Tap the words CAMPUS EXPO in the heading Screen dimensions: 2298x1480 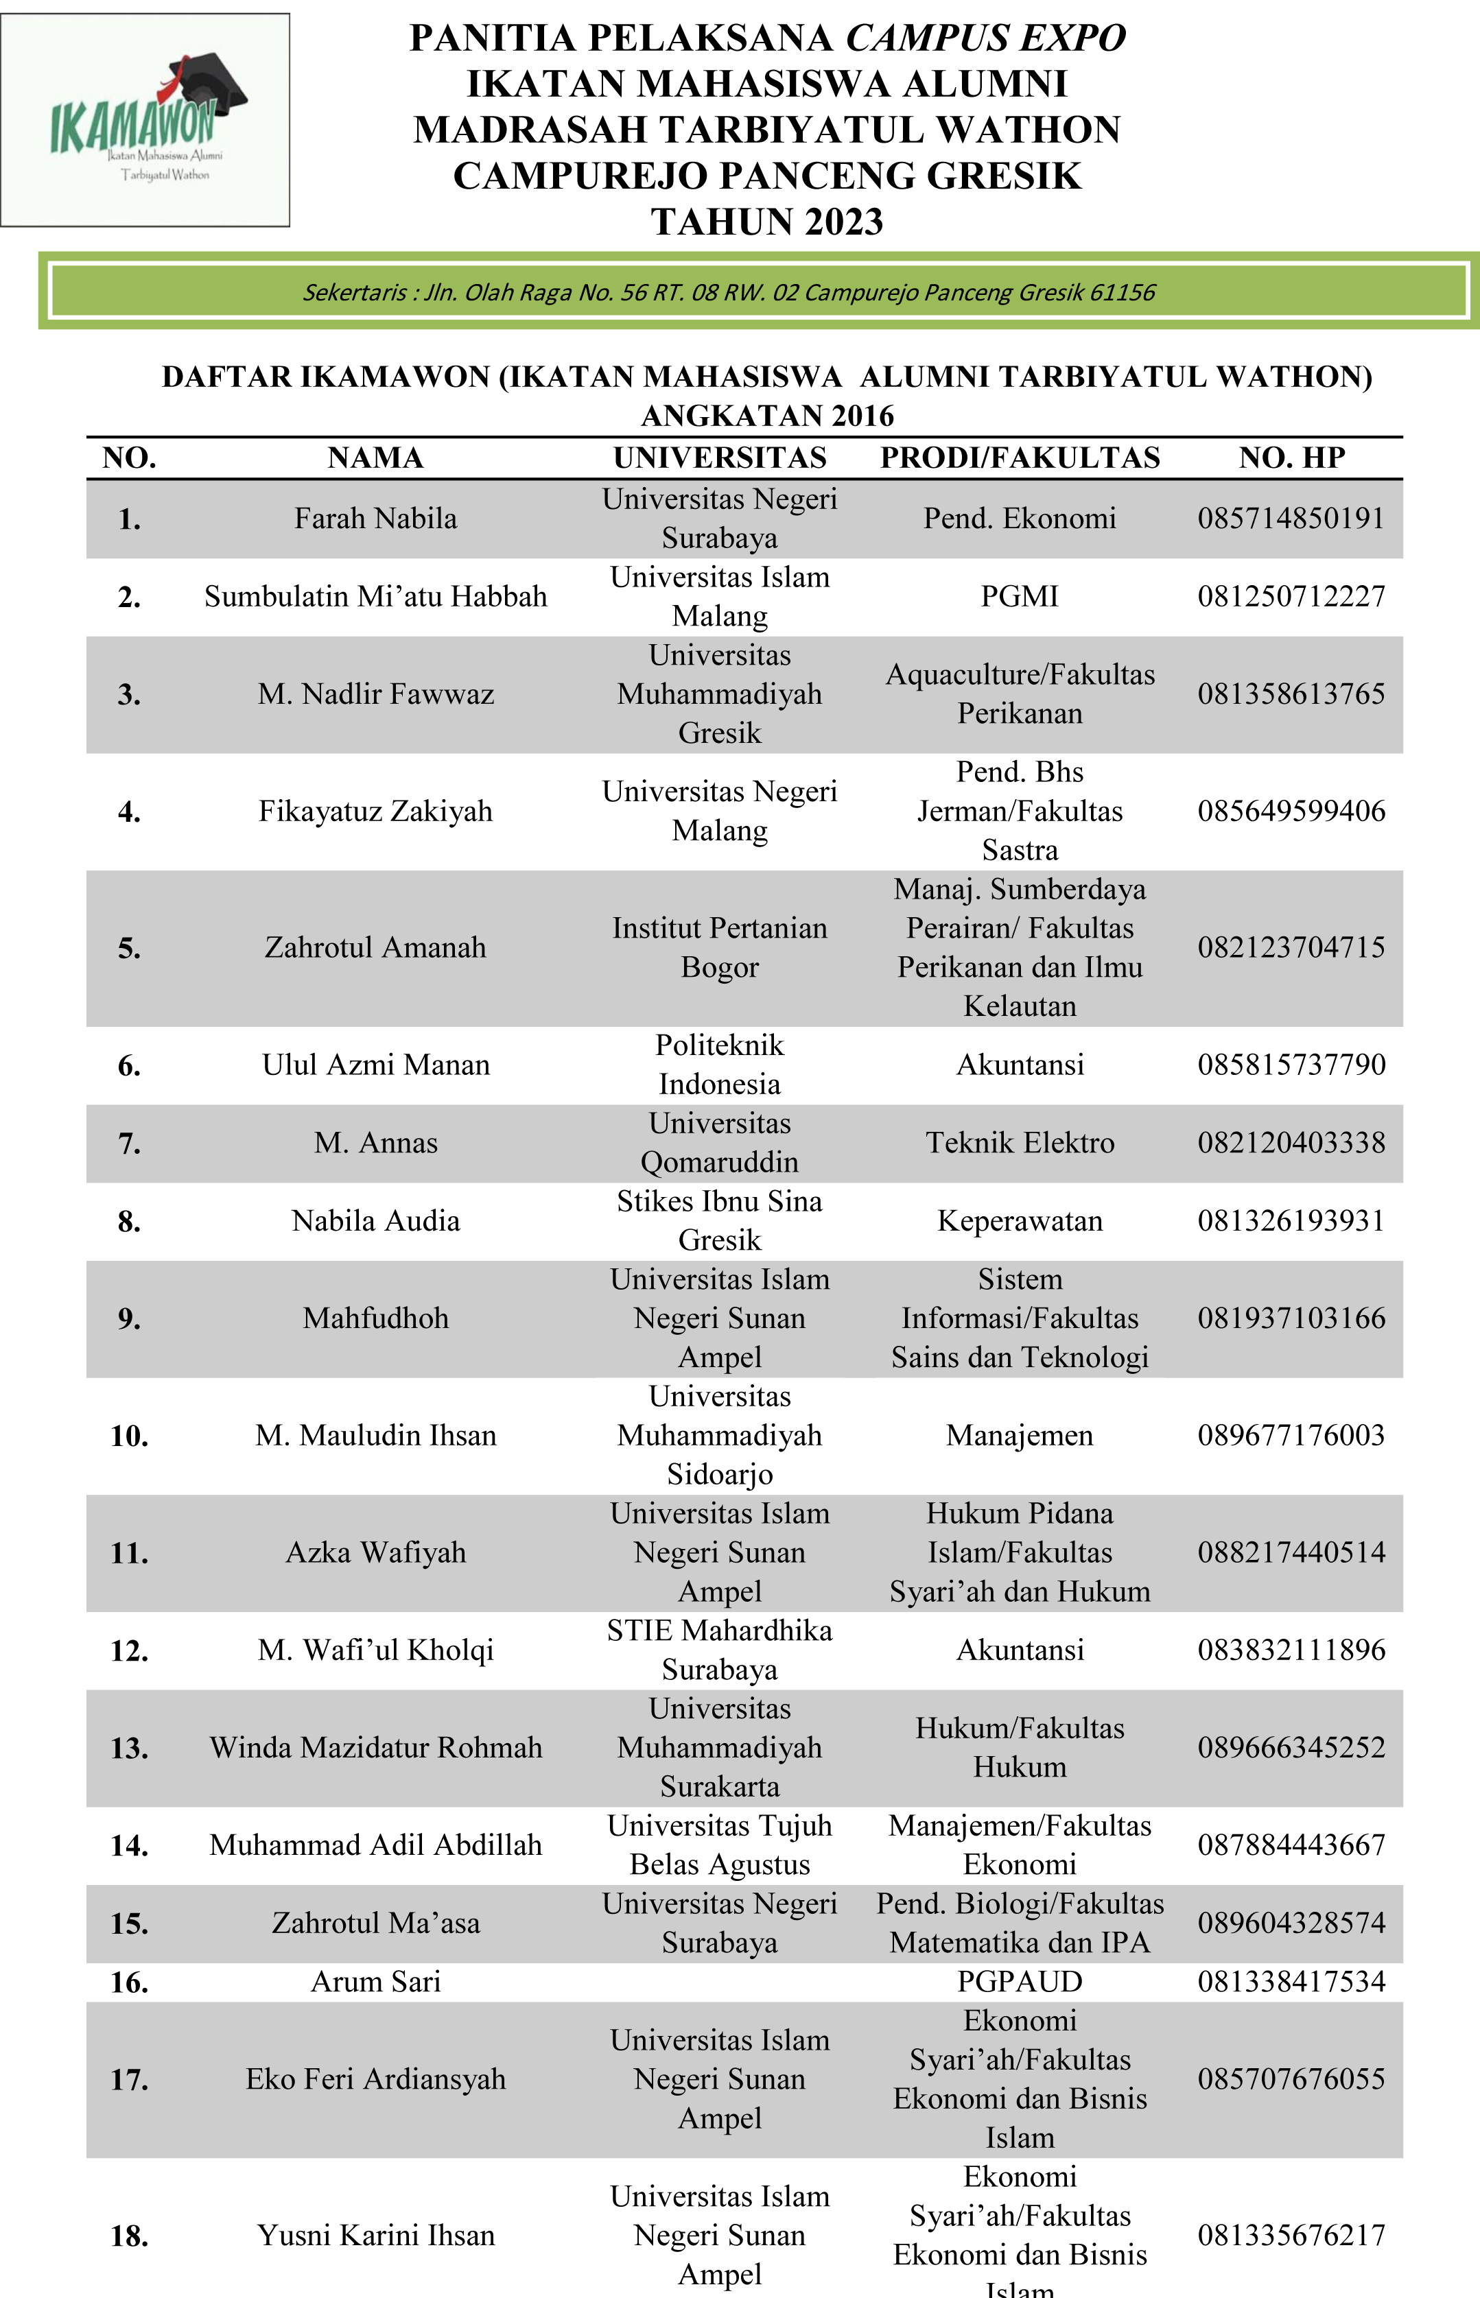(x=985, y=38)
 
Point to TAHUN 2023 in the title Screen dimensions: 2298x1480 (x=767, y=222)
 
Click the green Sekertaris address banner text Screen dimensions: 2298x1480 (x=729, y=292)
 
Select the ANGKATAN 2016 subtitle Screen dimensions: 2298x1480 (x=767, y=416)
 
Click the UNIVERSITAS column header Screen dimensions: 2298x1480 (x=720, y=458)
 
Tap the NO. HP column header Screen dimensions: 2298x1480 (x=1291, y=458)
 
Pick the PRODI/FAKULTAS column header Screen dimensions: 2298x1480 (x=1020, y=458)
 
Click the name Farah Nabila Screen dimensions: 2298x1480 (x=376, y=519)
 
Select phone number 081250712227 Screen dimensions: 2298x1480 (x=1291, y=597)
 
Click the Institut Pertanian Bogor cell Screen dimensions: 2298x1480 (x=720, y=947)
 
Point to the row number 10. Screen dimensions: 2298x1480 (x=130, y=1436)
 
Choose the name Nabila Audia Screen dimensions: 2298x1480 (x=376, y=1221)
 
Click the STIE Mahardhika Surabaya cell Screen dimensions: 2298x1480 (x=720, y=1650)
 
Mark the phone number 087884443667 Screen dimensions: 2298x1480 (x=1291, y=1845)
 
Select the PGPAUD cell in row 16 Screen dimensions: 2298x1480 (x=1020, y=1981)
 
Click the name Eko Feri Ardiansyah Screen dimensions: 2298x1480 (x=376, y=2079)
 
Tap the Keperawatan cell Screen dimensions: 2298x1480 (x=1020, y=1221)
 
